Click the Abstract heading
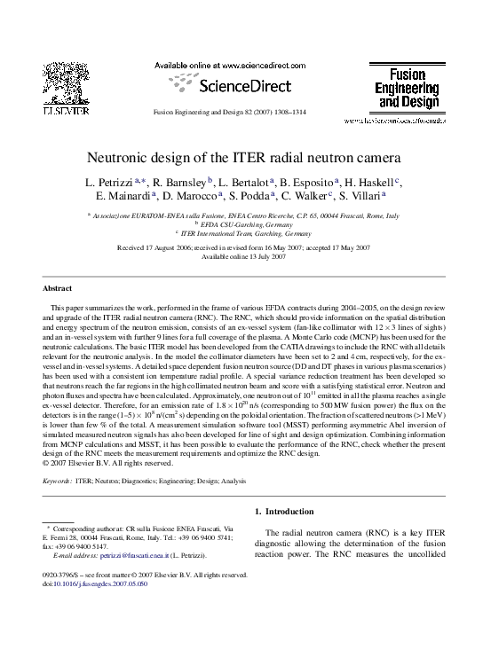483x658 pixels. click(58, 289)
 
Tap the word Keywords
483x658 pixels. click(58, 481)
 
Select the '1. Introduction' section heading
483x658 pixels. click(283, 512)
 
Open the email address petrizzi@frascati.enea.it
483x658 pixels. click(137, 555)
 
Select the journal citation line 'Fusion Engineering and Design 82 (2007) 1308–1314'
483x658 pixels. click(242, 114)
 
